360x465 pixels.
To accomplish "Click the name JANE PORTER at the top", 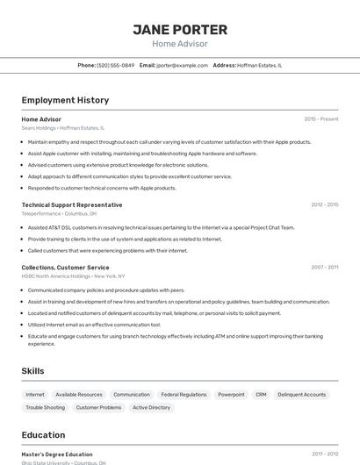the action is [180, 29].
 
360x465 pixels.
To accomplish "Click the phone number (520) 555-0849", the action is [116, 65].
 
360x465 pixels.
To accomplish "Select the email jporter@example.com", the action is [176, 65].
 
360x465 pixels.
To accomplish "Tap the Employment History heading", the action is [65, 100].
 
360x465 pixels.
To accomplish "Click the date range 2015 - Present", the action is [320, 118].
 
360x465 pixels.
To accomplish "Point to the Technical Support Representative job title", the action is [72, 204].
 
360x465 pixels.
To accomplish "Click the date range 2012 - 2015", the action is [324, 204].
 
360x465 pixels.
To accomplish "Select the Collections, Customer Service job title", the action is [66, 267].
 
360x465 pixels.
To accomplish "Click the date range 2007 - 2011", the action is [324, 267].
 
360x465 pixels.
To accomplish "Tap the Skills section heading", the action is [33, 371].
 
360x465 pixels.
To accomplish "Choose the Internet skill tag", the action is [35, 395].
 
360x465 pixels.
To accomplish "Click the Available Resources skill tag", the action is [79, 395].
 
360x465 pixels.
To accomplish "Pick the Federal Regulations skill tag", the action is [184, 395].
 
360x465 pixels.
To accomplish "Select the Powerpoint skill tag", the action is [231, 395].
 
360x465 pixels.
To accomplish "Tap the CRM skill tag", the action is [261, 395].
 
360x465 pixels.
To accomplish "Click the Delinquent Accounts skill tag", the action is [301, 395].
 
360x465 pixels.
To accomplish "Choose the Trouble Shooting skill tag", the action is [45, 408].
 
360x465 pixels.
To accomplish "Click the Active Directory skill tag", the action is [151, 408].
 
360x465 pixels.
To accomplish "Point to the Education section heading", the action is [43, 435].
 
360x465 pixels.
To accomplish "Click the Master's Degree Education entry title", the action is [57, 454].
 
